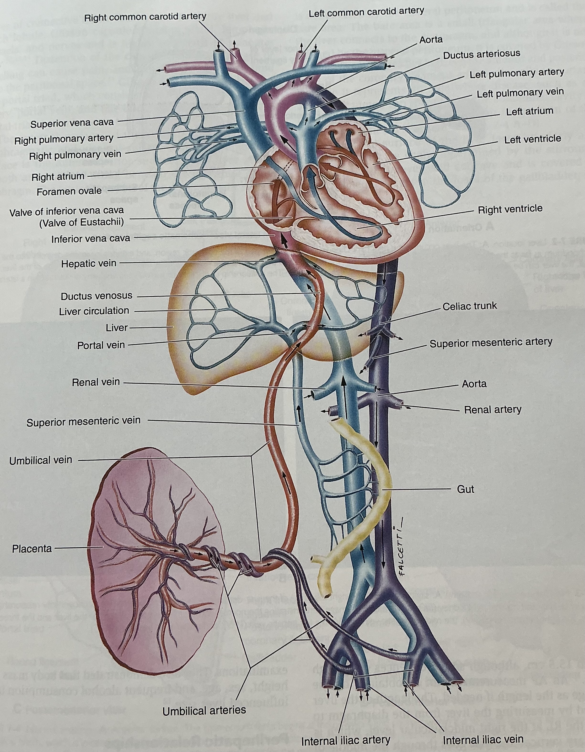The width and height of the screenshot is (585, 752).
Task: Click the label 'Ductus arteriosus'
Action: pyautogui.click(x=481, y=55)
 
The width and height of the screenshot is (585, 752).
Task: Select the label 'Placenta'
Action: pyautogui.click(x=32, y=549)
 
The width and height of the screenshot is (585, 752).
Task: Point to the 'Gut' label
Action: pyautogui.click(x=465, y=489)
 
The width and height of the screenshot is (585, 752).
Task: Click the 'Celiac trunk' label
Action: pyautogui.click(x=469, y=306)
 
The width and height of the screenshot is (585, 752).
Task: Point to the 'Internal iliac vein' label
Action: pyautogui.click(x=483, y=739)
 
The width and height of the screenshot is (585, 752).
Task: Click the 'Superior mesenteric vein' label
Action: pyautogui.click(x=83, y=421)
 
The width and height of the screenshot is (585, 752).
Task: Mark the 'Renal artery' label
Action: pyautogui.click(x=492, y=410)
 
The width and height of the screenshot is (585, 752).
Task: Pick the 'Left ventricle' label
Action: pyautogui.click(x=532, y=139)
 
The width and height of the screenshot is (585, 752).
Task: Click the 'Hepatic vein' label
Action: pyautogui.click(x=89, y=264)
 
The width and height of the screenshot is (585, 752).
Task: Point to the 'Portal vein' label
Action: pyautogui.click(x=101, y=345)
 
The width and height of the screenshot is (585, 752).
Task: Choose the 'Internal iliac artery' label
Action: pyautogui.click(x=345, y=740)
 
